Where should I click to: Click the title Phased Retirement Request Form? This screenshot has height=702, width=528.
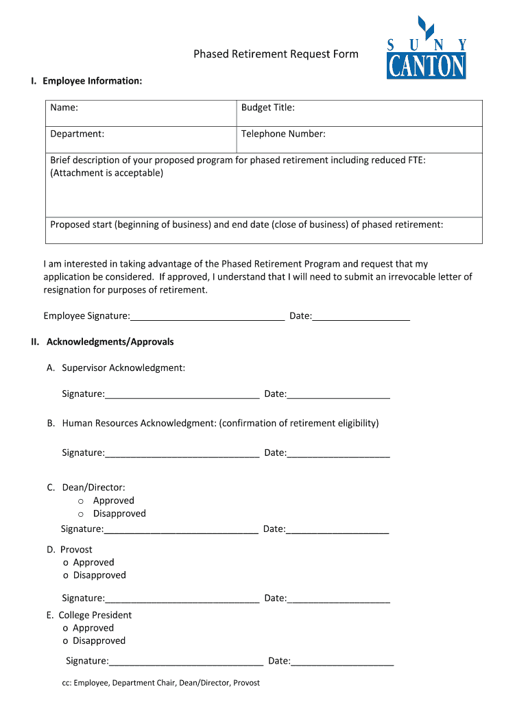(x=276, y=54)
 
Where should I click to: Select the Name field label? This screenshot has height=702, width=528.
(x=64, y=108)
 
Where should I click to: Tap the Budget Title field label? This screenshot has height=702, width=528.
(x=267, y=108)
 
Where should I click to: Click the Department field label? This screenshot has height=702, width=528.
(x=77, y=134)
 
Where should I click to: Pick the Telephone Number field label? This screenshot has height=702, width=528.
(x=283, y=134)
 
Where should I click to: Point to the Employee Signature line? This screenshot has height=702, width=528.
(x=207, y=316)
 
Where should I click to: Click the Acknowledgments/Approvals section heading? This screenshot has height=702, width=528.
(x=110, y=341)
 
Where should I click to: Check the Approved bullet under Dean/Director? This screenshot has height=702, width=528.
(x=80, y=501)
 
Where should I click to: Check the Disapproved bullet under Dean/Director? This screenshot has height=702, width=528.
(x=80, y=514)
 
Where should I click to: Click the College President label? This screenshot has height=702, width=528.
(x=95, y=615)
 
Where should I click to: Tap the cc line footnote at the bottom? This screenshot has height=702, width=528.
(x=160, y=683)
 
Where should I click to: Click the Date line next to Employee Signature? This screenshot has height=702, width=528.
(x=361, y=316)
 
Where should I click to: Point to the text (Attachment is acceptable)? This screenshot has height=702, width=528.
(x=107, y=173)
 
